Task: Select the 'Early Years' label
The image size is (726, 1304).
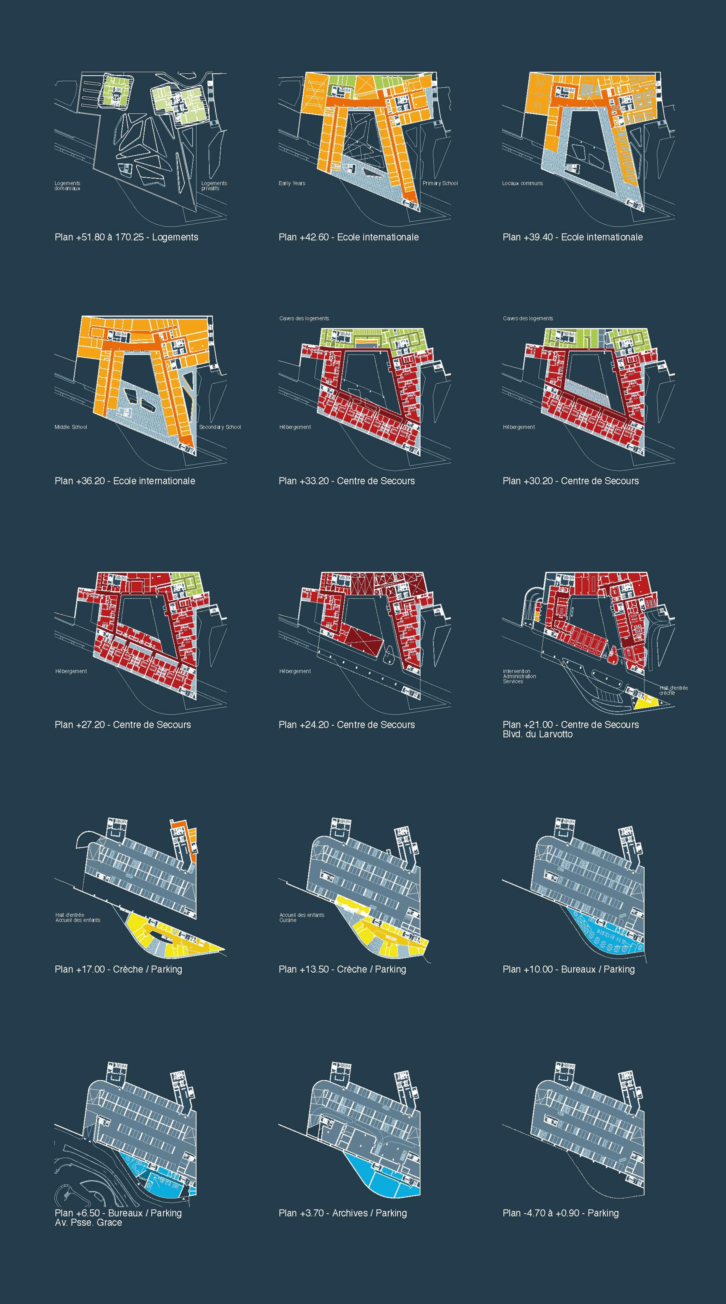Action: click(292, 183)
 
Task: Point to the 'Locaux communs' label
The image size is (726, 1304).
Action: click(522, 183)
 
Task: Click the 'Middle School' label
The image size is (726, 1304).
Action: click(70, 427)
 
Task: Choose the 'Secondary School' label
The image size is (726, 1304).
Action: click(220, 427)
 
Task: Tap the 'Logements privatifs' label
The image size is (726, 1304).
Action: click(214, 186)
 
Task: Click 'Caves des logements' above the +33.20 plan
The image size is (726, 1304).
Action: click(304, 318)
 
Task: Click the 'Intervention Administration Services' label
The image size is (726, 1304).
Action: click(519, 676)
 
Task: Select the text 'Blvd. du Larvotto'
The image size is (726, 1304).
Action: click(537, 734)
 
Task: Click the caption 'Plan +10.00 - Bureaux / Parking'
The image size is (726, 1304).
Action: click(568, 969)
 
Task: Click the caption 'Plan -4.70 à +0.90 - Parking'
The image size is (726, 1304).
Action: click(560, 1213)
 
